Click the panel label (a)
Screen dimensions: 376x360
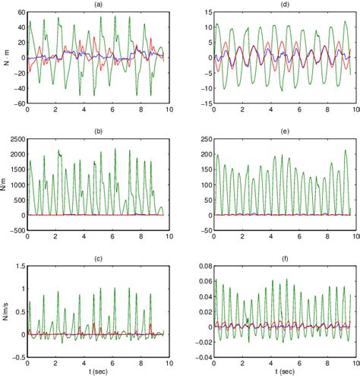[99, 5]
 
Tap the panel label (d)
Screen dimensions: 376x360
[280, 5]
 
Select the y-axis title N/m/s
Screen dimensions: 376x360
[5, 308]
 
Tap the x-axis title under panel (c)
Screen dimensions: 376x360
[99, 371]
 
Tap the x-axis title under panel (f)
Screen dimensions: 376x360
[280, 371]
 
